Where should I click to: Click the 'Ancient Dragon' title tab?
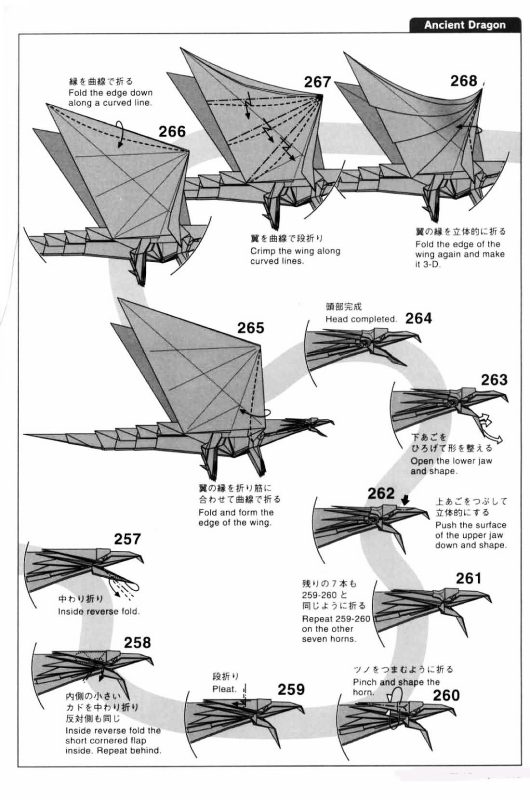click(x=464, y=25)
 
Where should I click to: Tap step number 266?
click(x=172, y=131)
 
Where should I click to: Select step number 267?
click(x=317, y=82)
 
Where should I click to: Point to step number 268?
click(x=464, y=80)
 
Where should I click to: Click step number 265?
click(x=250, y=328)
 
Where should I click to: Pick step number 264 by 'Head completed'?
click(x=418, y=318)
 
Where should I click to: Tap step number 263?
click(x=494, y=380)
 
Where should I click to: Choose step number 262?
click(x=381, y=493)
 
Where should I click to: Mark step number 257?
click(x=127, y=539)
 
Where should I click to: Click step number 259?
click(x=291, y=689)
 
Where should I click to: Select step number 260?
click(x=446, y=695)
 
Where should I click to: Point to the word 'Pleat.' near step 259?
click(x=224, y=689)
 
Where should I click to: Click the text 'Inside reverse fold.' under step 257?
click(x=98, y=611)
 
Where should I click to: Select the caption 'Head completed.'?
click(x=360, y=319)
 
